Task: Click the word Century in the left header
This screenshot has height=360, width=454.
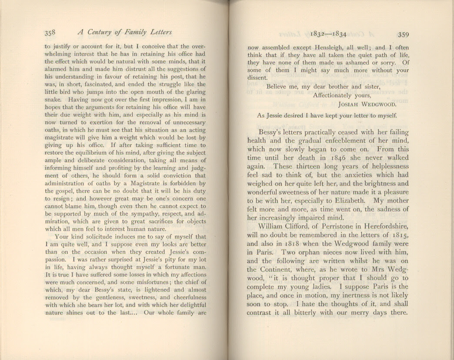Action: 100,32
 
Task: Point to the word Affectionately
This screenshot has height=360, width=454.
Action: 341,95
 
